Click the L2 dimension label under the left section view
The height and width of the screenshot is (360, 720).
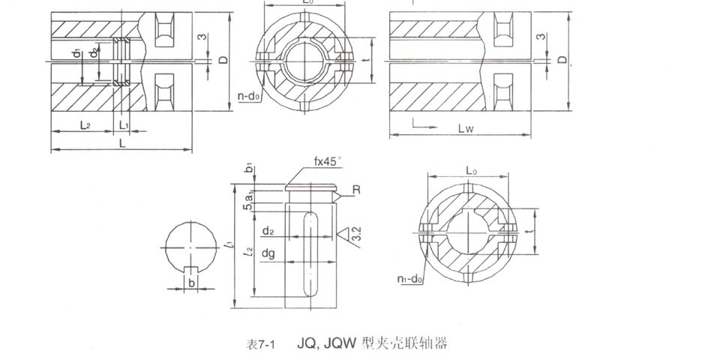coord(85,125)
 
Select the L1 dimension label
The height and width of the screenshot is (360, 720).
coord(124,125)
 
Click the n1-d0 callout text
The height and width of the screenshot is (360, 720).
coord(409,280)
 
